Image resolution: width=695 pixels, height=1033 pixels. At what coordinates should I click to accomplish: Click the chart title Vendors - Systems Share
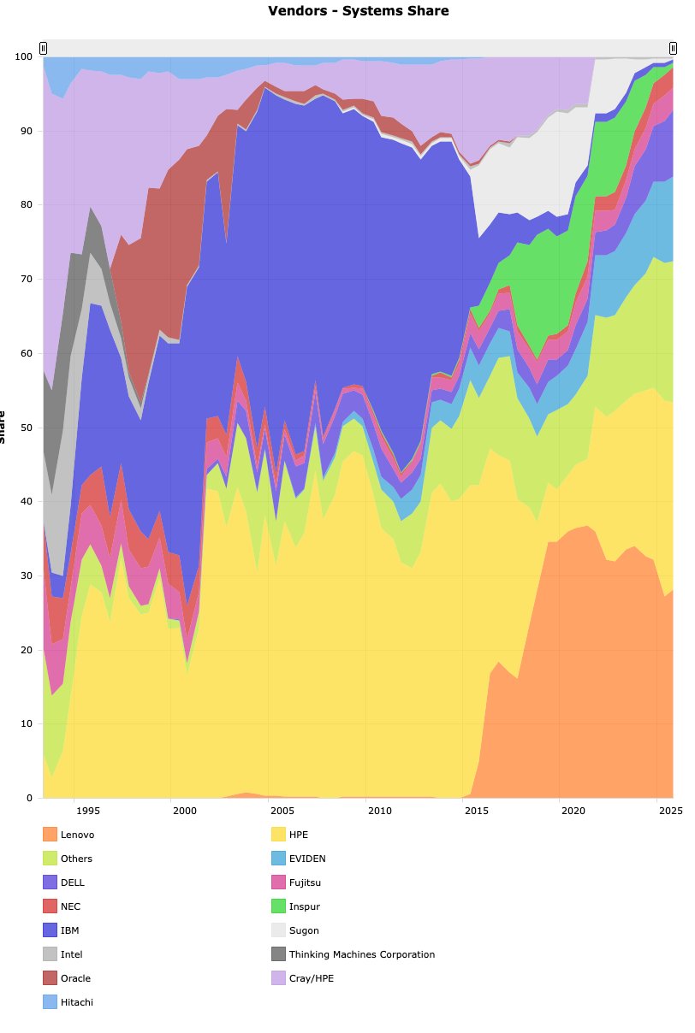358,11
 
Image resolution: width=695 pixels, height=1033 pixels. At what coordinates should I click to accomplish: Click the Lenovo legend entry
77,835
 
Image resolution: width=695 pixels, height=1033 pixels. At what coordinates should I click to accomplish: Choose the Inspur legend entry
305,906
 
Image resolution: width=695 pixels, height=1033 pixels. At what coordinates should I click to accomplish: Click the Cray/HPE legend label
312,978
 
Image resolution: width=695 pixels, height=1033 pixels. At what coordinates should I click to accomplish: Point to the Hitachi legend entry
77,1002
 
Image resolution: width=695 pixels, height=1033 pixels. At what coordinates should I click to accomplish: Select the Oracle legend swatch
50,978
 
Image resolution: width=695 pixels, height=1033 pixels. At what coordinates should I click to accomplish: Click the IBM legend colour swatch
50,930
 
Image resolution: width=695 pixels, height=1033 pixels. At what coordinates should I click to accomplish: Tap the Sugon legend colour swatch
278,930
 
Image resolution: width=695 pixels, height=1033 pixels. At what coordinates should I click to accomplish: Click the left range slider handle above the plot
43,48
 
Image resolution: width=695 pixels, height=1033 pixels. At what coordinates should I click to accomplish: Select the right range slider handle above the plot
673,48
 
